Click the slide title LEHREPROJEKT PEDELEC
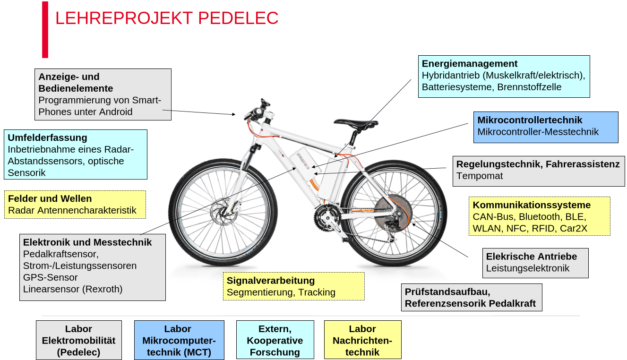pos(167,18)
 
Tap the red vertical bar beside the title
pos(45,30)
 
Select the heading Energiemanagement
pos(470,64)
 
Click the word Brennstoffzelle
pos(529,87)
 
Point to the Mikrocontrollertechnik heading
pos(530,120)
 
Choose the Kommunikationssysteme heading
pos(532,205)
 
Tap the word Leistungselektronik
pos(528,268)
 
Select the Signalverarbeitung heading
pos(271,281)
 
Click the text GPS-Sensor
pos(51,277)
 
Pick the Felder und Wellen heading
pos(50,198)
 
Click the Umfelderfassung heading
pos(48,138)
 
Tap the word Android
pos(116,111)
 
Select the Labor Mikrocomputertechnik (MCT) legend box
pos(179,340)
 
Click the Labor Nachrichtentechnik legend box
pos(362,340)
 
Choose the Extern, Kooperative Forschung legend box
pos(275,340)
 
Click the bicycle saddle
pos(355,123)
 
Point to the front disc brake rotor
pos(224,212)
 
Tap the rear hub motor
pos(393,213)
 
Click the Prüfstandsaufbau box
pos(472,297)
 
